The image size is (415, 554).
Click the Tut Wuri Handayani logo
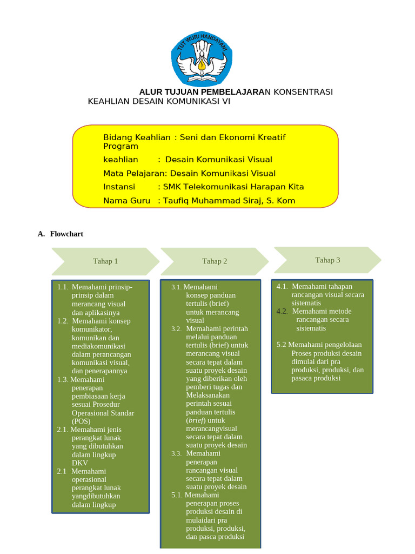202,56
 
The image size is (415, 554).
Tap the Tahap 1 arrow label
105,261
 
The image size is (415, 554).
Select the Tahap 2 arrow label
215,261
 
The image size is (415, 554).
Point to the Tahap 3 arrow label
327,260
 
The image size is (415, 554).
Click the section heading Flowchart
66,234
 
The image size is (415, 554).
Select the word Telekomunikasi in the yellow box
219,187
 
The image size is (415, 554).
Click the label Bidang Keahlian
137,137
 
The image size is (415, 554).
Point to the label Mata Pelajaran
135,173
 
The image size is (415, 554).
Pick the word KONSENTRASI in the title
303,92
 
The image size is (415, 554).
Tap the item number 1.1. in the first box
63,287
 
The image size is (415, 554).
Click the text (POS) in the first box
81,421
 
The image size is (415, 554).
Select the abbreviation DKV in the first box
79,463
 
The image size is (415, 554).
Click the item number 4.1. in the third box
282,287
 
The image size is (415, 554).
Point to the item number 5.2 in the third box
281,345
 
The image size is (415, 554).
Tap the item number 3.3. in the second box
177,453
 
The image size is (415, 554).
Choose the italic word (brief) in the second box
196,420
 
